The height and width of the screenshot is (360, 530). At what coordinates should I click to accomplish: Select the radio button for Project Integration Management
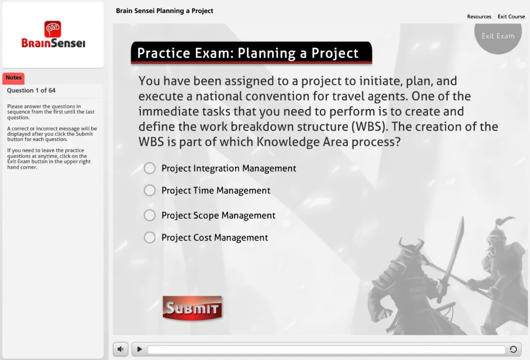pyautogui.click(x=150, y=168)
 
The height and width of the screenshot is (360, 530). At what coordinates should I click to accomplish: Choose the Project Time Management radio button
pyautogui.click(x=150, y=191)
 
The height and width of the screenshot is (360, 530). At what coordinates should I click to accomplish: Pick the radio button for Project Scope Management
pyautogui.click(x=150, y=215)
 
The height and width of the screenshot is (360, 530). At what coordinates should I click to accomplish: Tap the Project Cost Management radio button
pyautogui.click(x=150, y=237)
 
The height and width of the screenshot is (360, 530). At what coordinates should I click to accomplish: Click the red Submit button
pyautogui.click(x=192, y=308)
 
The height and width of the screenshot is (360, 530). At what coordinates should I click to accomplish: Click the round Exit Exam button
pyautogui.click(x=498, y=36)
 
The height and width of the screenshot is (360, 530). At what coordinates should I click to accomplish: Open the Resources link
pyautogui.click(x=479, y=17)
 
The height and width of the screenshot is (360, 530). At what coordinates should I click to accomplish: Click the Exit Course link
pyautogui.click(x=511, y=17)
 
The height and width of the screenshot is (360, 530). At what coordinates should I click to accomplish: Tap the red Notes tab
pyautogui.click(x=14, y=78)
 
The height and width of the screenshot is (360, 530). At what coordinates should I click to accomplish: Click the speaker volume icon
pyautogui.click(x=120, y=349)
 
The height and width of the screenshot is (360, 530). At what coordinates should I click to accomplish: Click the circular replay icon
pyautogui.click(x=513, y=349)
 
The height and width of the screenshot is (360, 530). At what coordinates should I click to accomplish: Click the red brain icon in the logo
pyautogui.click(x=53, y=29)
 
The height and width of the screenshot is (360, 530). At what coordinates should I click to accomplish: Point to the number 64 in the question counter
pyautogui.click(x=52, y=90)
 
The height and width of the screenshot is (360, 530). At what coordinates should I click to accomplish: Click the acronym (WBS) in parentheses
pyautogui.click(x=369, y=126)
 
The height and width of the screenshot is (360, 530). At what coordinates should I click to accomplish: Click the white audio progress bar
pyautogui.click(x=326, y=350)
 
